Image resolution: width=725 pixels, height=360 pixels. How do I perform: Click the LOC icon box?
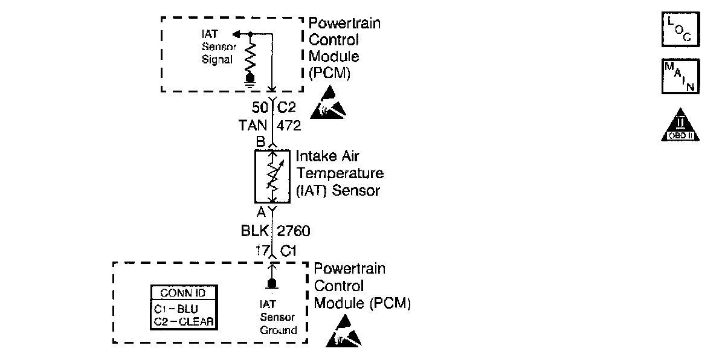click(680, 30)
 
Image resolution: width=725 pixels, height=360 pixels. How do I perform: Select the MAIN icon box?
click(680, 76)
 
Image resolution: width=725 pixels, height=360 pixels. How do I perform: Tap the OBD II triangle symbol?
click(680, 125)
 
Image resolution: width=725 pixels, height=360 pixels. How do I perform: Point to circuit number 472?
click(288, 126)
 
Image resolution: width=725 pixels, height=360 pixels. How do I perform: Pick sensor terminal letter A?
click(261, 212)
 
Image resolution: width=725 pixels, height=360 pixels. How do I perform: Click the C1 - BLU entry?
click(176, 308)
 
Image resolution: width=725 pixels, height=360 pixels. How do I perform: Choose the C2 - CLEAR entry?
click(183, 321)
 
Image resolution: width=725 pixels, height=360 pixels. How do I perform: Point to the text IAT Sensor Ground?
click(279, 317)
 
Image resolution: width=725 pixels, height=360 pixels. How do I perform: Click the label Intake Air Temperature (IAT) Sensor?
click(340, 173)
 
